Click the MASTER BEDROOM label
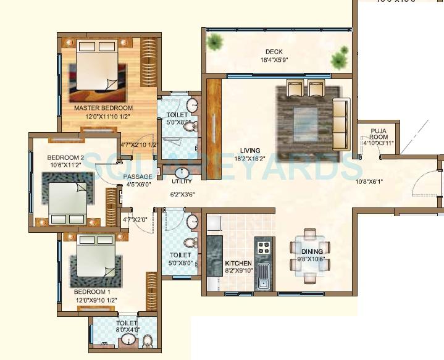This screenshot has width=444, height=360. (x=104, y=108)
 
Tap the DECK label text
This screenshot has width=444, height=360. (x=274, y=52)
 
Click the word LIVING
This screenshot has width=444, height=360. (x=250, y=150)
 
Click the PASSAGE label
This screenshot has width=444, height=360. (x=139, y=177)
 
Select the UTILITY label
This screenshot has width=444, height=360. (x=182, y=182)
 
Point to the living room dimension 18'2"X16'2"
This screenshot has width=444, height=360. (x=250, y=158)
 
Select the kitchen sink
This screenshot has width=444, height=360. (x=263, y=276)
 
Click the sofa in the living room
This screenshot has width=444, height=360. (x=340, y=123)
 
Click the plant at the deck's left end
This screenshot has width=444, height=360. (x=215, y=43)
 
